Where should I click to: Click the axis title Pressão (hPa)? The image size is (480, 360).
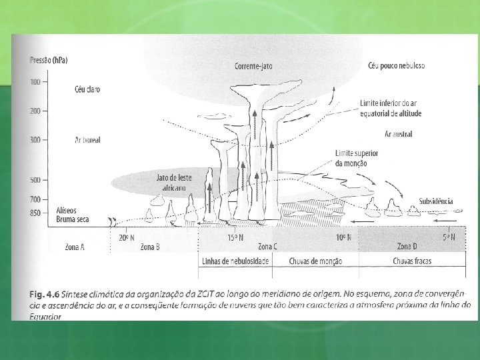tap(49, 61)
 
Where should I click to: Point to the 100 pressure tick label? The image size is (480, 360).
tap(35, 82)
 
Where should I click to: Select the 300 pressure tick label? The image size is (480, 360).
tap(35, 140)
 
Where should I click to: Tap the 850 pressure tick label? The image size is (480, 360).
tap(35, 213)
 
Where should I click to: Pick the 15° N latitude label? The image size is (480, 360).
tap(235, 237)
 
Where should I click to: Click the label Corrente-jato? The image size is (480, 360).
tap(253, 66)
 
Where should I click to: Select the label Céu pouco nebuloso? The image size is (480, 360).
tap(396, 65)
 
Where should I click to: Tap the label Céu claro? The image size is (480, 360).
tap(87, 89)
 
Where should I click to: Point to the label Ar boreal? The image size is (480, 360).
tap(87, 140)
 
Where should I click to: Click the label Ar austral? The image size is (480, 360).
tap(398, 134)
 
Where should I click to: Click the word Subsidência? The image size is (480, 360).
tap(436, 201)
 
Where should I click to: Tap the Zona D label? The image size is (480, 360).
tap(407, 247)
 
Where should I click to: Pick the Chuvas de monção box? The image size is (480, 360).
tap(315, 261)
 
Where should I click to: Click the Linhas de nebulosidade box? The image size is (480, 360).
tap(235, 261)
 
